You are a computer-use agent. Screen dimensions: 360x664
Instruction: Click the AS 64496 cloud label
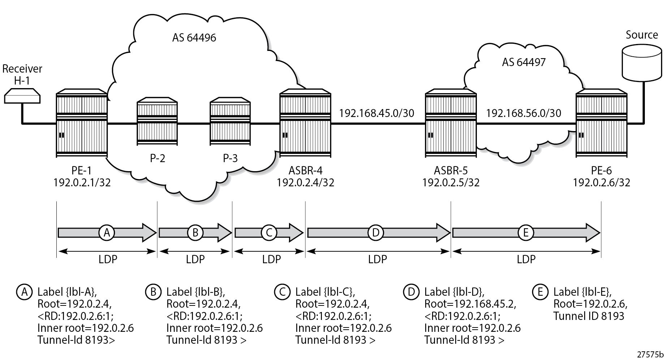point(194,38)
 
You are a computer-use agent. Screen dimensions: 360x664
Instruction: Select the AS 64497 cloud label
point(523,62)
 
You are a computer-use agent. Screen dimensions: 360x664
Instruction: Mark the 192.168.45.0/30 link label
point(376,113)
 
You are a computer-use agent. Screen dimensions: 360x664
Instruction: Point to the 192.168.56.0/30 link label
point(523,113)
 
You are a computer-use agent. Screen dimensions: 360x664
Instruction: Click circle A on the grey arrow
point(107,233)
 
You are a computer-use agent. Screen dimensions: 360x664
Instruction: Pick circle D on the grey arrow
point(376,233)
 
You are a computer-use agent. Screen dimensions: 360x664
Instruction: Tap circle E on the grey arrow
point(525,233)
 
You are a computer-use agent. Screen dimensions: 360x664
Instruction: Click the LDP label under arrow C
point(271,259)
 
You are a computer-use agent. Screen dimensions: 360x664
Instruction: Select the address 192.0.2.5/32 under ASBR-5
point(450,183)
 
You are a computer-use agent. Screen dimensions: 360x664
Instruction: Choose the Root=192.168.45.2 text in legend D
point(470,304)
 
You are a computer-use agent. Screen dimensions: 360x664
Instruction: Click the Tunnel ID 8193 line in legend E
point(588,316)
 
